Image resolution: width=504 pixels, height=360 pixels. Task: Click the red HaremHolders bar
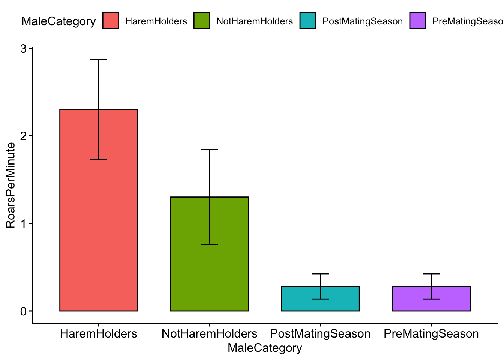(99, 225)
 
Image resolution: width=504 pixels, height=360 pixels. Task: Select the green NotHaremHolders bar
(209, 270)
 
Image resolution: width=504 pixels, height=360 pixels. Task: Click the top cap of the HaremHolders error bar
(99, 60)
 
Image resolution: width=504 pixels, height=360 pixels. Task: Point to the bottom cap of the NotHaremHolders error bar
(209, 244)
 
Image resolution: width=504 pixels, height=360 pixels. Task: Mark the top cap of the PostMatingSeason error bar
(320, 274)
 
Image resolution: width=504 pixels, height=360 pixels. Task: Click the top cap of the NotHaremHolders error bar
(209, 150)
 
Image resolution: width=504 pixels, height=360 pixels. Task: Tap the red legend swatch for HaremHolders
(111, 21)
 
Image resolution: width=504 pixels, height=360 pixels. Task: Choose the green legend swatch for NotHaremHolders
(202, 21)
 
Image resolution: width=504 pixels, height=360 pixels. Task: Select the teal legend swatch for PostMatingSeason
(308, 21)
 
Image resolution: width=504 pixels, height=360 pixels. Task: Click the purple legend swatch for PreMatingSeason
(418, 21)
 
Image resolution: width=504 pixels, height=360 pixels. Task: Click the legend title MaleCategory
(58, 21)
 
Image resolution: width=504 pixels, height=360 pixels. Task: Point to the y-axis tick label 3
(24, 49)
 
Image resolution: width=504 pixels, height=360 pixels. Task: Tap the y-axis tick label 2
(24, 136)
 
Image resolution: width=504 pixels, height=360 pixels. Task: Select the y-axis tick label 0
(24, 311)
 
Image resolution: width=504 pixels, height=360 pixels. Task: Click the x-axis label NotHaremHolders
(209, 333)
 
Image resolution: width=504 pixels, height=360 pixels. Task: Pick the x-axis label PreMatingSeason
(431, 333)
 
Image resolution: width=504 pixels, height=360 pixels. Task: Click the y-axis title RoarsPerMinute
(10, 185)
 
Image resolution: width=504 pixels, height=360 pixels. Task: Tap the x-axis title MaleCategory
(265, 348)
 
